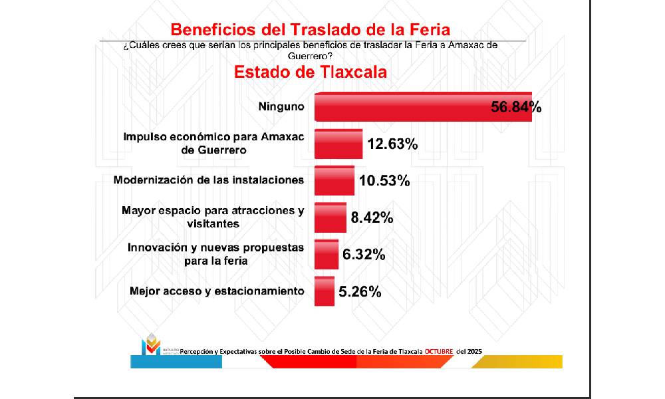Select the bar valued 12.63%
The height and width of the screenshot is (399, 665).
coord(338,144)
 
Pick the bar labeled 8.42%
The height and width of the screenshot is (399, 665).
coord(330,217)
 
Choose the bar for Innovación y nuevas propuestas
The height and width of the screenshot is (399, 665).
coord(326,254)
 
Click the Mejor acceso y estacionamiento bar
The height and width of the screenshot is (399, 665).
coord(324,291)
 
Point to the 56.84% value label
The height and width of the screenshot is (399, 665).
coord(516,107)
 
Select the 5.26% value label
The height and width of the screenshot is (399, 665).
coord(360,292)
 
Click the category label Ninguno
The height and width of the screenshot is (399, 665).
coord(281,106)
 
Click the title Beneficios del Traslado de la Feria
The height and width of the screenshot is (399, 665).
coord(311,30)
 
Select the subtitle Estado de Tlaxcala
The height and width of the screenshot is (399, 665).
coord(310,71)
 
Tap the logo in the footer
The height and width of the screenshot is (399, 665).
coord(152,344)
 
